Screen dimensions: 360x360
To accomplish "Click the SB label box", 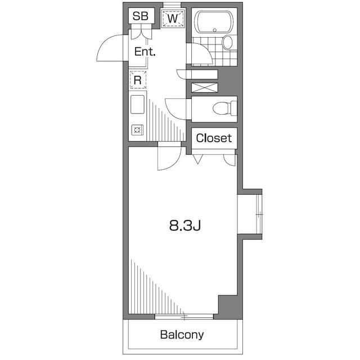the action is [141, 16].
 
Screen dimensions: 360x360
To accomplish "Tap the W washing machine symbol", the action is [173, 18].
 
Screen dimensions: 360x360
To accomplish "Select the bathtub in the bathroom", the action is [214, 22].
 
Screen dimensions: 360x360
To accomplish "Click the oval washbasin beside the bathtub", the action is [227, 42].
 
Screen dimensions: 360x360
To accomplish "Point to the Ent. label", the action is [145, 52].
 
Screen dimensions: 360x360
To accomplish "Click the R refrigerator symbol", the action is [138, 80].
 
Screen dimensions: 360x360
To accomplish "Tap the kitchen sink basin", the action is [137, 105].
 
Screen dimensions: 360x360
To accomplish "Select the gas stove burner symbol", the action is [137, 130].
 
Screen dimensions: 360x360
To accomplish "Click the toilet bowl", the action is [221, 108].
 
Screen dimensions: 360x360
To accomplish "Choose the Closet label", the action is [214, 138].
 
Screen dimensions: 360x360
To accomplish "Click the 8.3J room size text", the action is [185, 226].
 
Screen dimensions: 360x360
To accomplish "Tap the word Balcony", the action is [182, 335].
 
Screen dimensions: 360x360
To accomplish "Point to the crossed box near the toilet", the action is [204, 88].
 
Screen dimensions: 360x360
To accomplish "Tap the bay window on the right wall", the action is [259, 214].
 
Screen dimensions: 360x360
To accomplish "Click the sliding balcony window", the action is [184, 317].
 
